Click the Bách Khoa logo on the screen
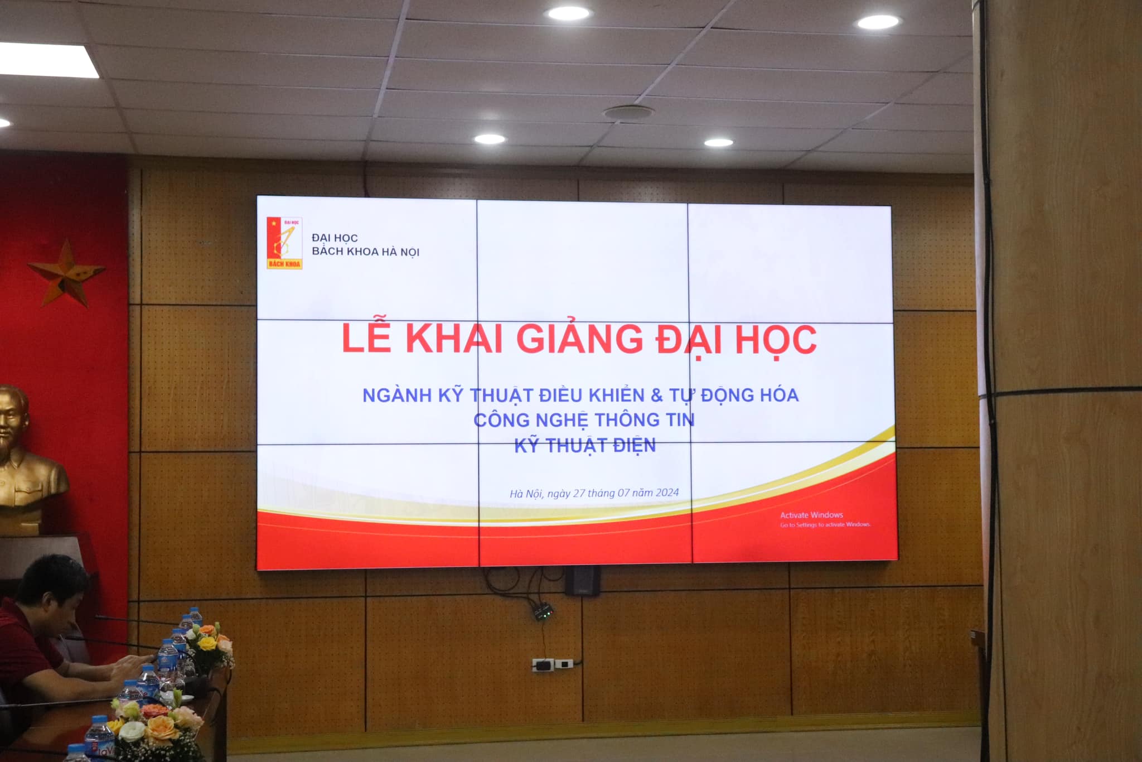point(284,243)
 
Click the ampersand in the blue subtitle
point(657,396)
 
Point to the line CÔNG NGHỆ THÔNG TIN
point(584,419)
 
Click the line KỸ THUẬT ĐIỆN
point(585,445)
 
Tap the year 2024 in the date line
point(667,493)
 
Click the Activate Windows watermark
point(825,519)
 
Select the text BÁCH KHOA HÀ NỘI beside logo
point(366,252)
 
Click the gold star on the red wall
point(66,273)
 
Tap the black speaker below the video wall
point(583,580)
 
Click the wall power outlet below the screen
point(552,664)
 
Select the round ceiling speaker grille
point(628,112)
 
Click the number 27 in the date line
point(579,493)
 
